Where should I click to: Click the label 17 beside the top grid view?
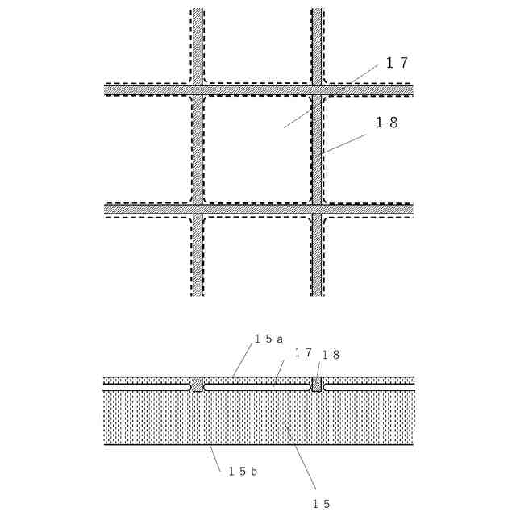pyautogui.click(x=397, y=63)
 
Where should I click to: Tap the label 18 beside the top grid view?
pyautogui.click(x=387, y=123)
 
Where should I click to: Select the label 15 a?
pyautogui.click(x=268, y=339)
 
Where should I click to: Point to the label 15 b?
pyautogui.click(x=243, y=472)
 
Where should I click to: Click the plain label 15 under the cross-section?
pyautogui.click(x=321, y=504)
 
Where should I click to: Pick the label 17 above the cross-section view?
pyautogui.click(x=302, y=353)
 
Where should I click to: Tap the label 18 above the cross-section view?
pyautogui.click(x=331, y=355)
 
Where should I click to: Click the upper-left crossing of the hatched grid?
pyautogui.click(x=197, y=89)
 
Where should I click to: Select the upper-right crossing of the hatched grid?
pyautogui.click(x=317, y=89)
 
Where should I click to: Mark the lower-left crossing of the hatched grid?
pyautogui.click(x=197, y=209)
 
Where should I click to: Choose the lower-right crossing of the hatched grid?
pyautogui.click(x=317, y=209)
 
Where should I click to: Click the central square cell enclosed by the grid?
pyautogui.click(x=256, y=149)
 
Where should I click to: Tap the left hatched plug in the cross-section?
pyautogui.click(x=197, y=385)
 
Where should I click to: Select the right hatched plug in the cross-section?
pyautogui.click(x=317, y=385)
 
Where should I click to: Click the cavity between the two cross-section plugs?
pyautogui.click(x=256, y=387)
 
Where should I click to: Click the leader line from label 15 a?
pyautogui.click(x=242, y=360)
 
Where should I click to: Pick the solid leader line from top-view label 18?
pyautogui.click(x=344, y=144)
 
